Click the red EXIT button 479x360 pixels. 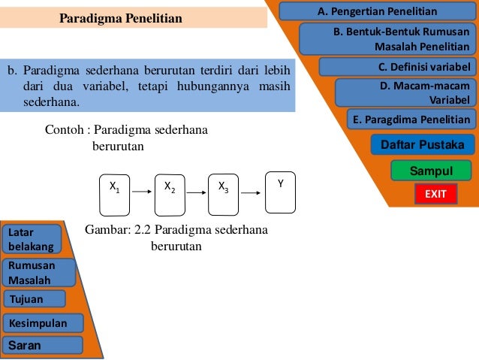(x=435, y=194)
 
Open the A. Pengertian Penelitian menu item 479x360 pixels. (x=378, y=11)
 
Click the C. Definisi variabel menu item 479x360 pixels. (x=397, y=67)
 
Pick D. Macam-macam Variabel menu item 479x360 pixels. (x=405, y=93)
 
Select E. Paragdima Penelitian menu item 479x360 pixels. (x=411, y=119)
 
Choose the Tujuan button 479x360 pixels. (x=35, y=299)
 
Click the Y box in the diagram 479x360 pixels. (x=280, y=186)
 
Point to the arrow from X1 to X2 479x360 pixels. (x=142, y=192)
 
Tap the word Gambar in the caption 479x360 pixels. (x=105, y=230)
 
